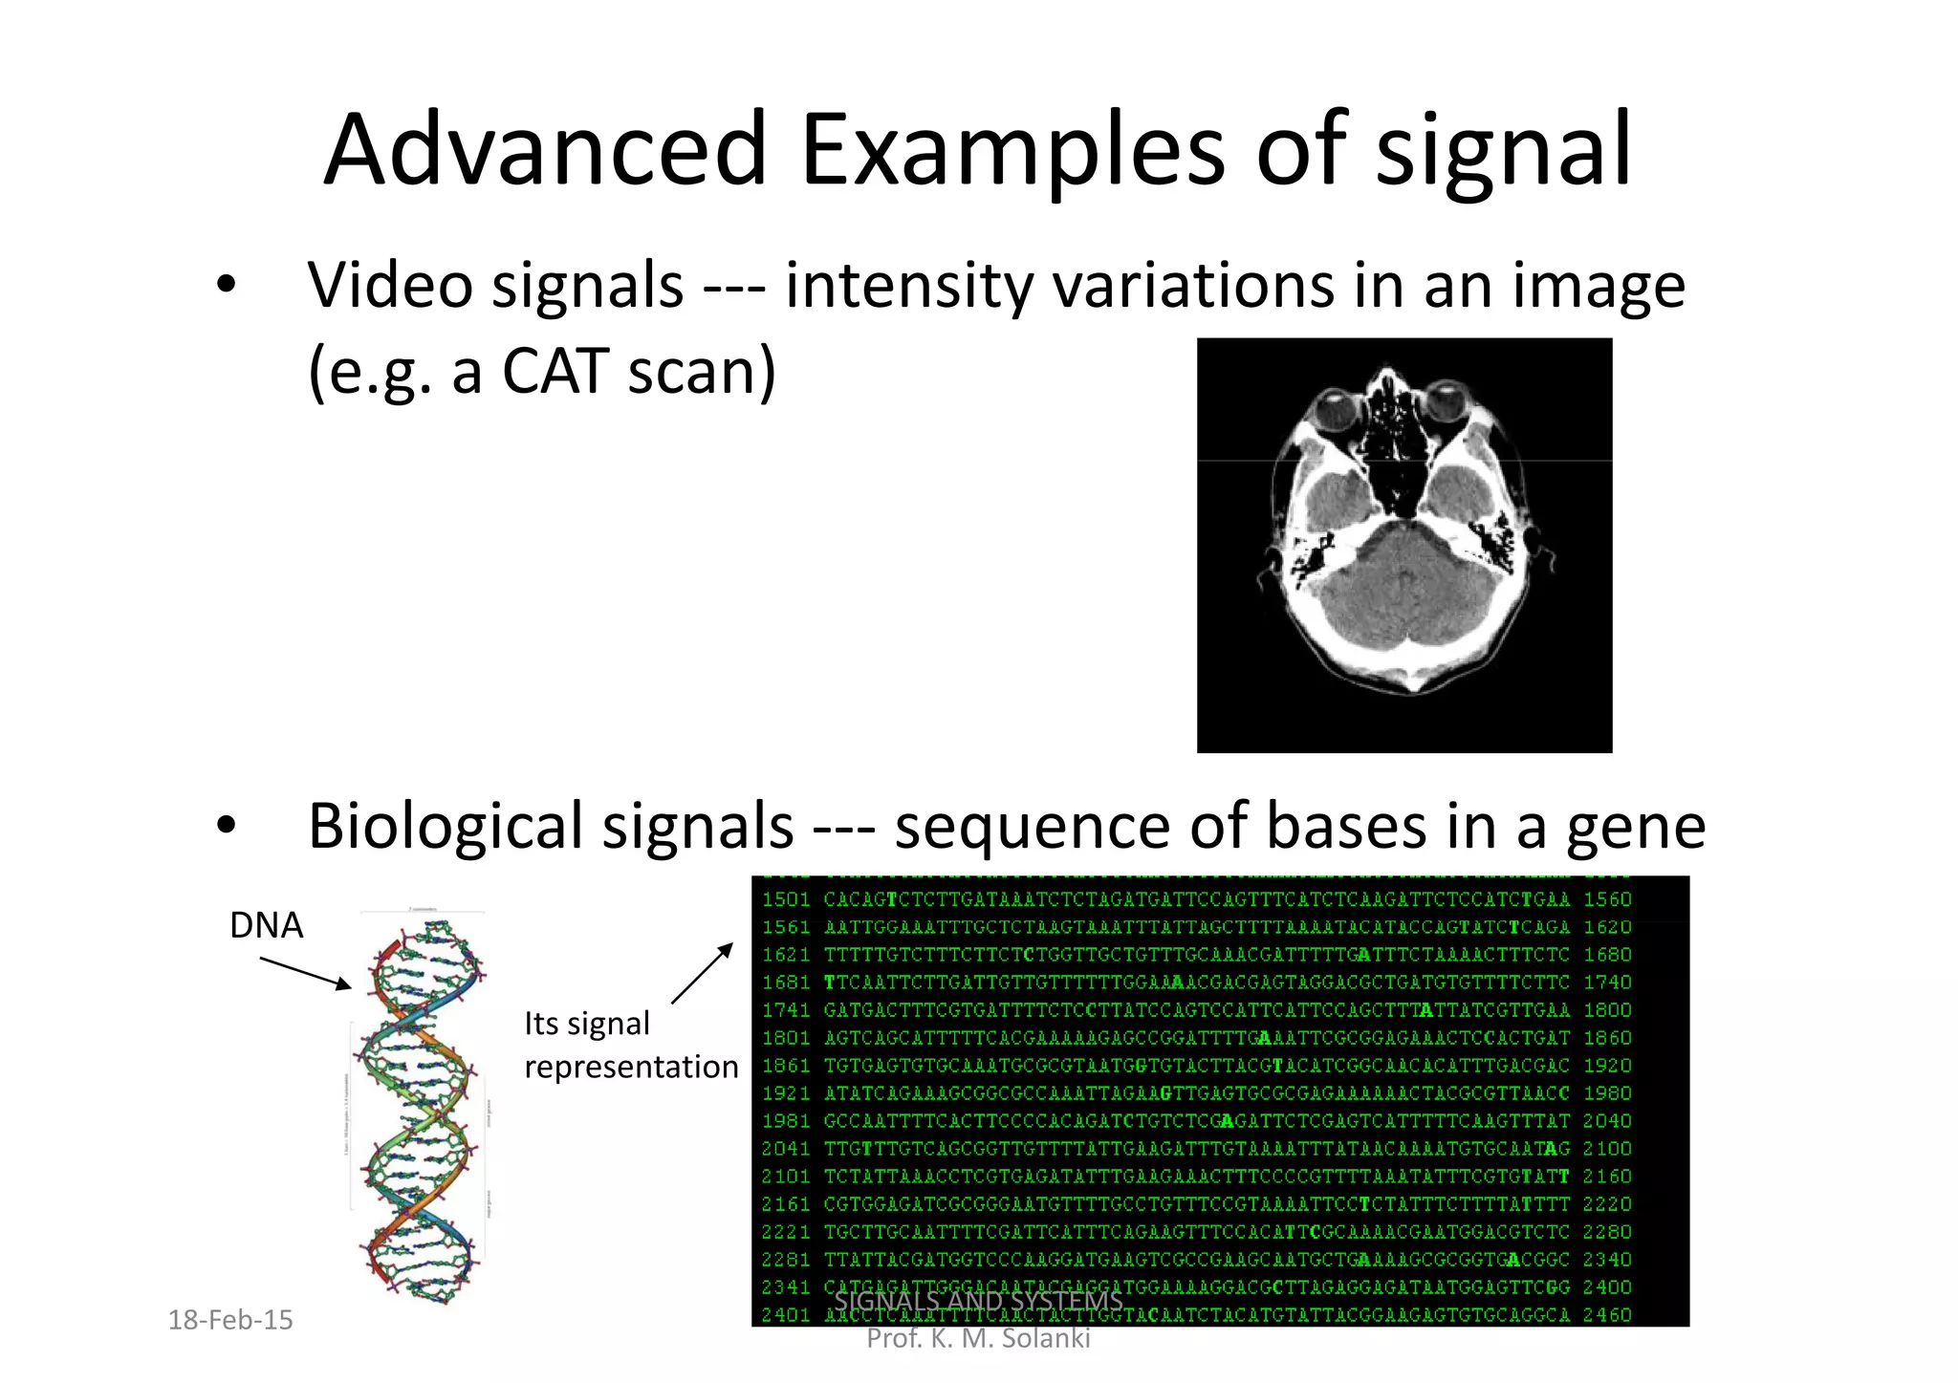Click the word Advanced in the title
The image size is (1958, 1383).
[x=546, y=150]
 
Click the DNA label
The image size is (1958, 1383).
[x=266, y=925]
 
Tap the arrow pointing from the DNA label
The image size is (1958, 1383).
[x=305, y=973]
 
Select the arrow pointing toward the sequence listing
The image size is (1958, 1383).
[x=702, y=973]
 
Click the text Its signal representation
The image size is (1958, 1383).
[x=631, y=1045]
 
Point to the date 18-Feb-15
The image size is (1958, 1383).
[x=230, y=1320]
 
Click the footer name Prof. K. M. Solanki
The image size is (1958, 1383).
[x=978, y=1338]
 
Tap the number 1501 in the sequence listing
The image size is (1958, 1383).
[x=786, y=899]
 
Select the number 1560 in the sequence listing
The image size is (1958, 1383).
[x=1608, y=899]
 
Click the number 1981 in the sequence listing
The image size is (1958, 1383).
[x=786, y=1121]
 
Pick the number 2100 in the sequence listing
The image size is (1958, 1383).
[x=1608, y=1149]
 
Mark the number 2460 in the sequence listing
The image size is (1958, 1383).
[x=1608, y=1315]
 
